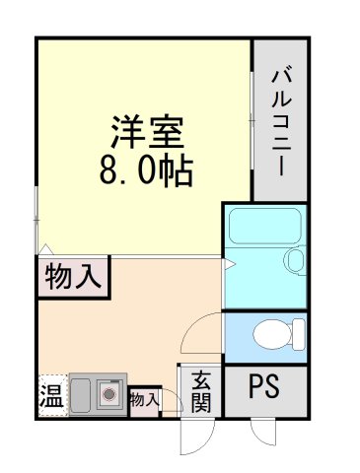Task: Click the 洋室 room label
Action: [x=144, y=132]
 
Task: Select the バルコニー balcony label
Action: [x=280, y=117]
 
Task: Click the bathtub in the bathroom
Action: [x=254, y=228]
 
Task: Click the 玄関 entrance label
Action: [x=201, y=390]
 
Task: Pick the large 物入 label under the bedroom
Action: [x=74, y=277]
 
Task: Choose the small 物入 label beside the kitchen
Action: [x=144, y=399]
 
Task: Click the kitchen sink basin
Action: [x=81, y=394]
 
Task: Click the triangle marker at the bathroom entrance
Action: [x=228, y=264]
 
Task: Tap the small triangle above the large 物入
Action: [x=44, y=248]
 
